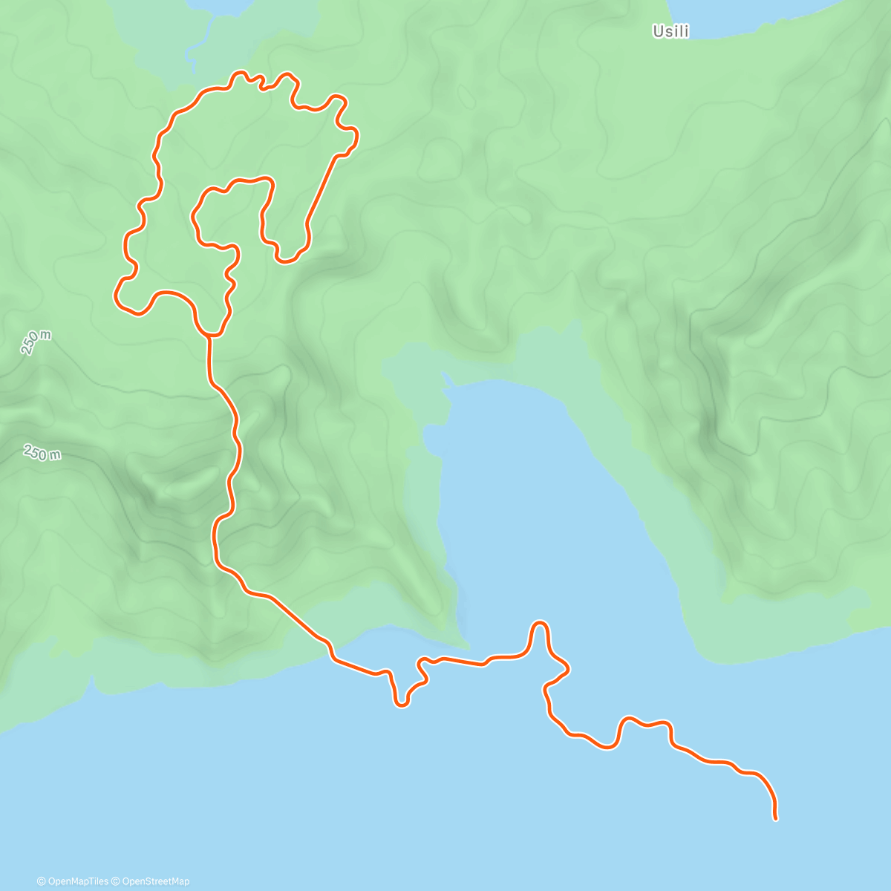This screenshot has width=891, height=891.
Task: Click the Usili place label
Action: [670, 32]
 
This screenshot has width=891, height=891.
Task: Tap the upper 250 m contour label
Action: [36, 342]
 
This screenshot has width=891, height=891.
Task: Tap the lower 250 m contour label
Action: [42, 452]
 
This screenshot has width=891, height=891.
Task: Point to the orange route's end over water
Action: [775, 818]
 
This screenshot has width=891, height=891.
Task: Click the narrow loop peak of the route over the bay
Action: [540, 624]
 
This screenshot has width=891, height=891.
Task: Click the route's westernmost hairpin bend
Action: [117, 295]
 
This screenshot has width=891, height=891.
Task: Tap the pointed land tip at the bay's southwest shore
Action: [465, 644]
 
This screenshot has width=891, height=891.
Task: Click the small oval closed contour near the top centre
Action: [466, 97]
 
